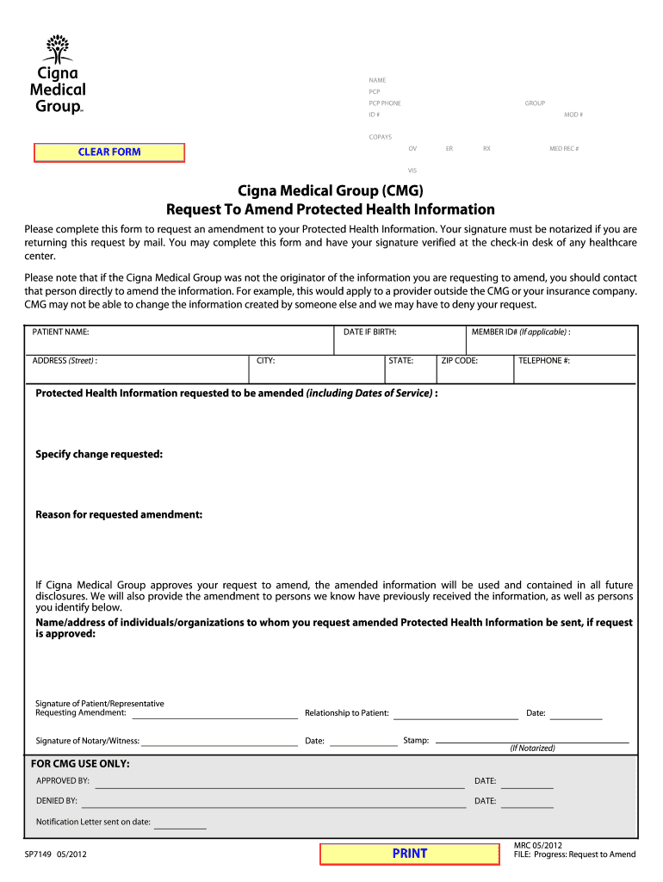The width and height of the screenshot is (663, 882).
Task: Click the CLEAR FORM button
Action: (109, 152)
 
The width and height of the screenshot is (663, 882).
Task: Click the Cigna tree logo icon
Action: (58, 49)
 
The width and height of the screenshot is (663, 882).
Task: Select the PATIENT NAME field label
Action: (60, 332)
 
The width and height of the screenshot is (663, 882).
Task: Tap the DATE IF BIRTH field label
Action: (369, 332)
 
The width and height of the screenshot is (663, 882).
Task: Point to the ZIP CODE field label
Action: (459, 361)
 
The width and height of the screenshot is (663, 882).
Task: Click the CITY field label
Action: (265, 361)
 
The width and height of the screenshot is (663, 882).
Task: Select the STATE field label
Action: (400, 361)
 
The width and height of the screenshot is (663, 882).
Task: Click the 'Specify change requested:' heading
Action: (99, 454)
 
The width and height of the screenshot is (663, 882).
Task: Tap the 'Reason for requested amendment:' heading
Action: (119, 514)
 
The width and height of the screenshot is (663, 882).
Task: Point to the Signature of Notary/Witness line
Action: (220, 744)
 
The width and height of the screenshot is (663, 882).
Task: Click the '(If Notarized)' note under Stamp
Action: (532, 748)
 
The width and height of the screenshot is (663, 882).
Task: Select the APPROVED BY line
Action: (280, 786)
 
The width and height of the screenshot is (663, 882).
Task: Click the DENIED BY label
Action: (57, 801)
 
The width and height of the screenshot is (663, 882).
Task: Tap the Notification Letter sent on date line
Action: (180, 827)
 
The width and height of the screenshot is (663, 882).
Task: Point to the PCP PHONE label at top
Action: (385, 103)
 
